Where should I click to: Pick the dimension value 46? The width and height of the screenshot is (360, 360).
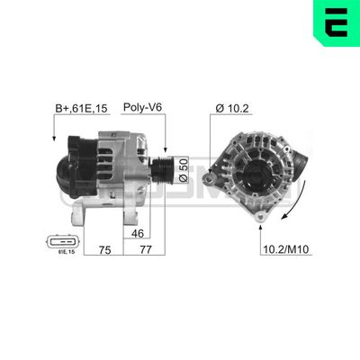[x=138, y=233]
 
